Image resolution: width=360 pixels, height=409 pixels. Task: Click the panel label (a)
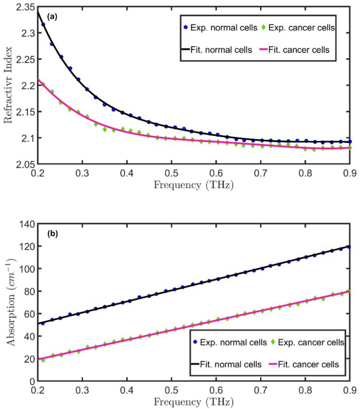pos(52,17)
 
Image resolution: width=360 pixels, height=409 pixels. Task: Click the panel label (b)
pos(52,233)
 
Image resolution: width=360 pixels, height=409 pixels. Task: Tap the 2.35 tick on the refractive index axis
pos(23,7)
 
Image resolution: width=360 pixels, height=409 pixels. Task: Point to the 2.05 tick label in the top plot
pos(23,164)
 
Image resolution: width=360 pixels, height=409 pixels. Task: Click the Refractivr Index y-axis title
pos(8,85)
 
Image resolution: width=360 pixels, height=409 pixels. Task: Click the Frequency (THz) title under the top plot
pos(193,185)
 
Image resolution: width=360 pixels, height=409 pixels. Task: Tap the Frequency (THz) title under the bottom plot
pos(193,402)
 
